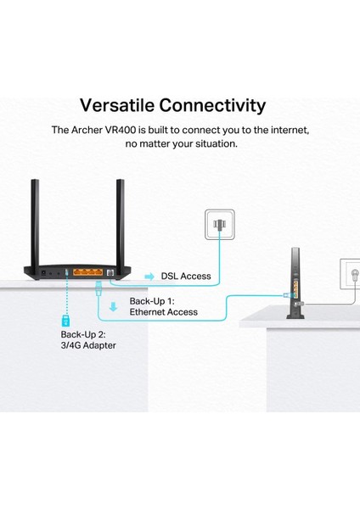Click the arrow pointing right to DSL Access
tap(149, 277)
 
